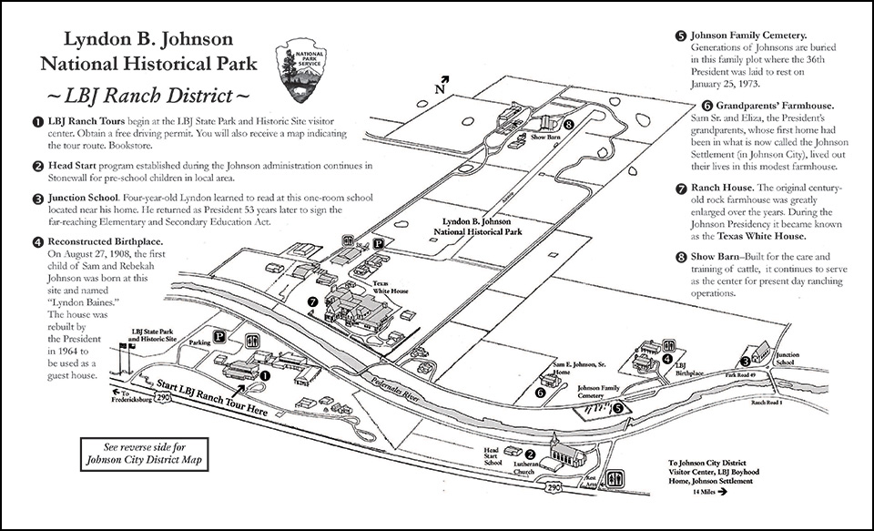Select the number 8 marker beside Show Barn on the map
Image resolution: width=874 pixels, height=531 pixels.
tap(569, 125)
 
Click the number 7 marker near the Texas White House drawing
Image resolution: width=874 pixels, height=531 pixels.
tap(312, 301)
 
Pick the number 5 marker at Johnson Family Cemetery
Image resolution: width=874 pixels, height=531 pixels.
tap(618, 409)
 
